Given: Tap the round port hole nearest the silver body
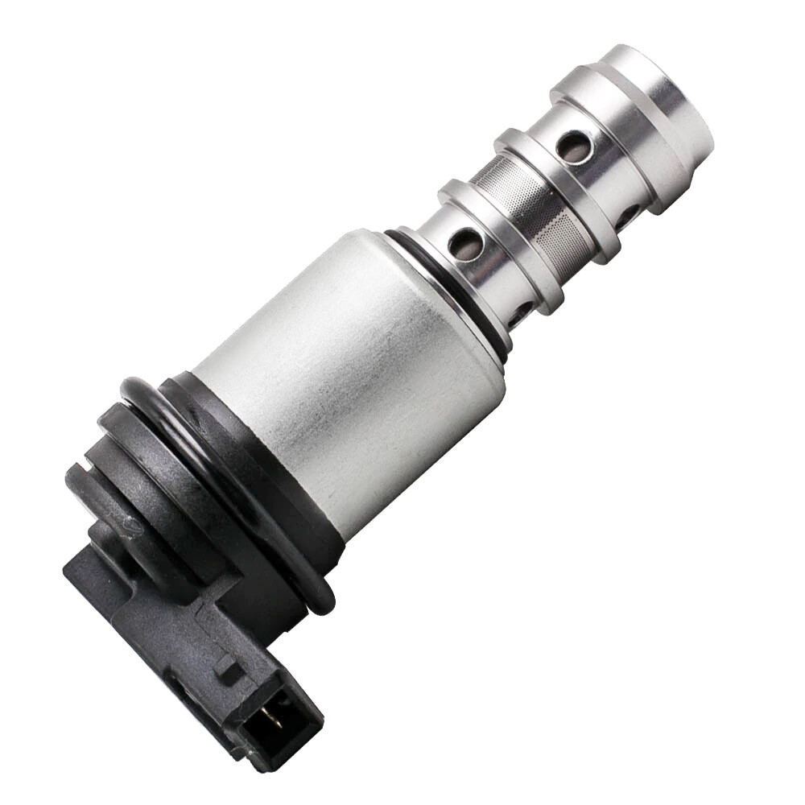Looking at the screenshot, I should [466, 243].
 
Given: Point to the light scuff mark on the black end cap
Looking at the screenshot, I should [129, 523].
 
